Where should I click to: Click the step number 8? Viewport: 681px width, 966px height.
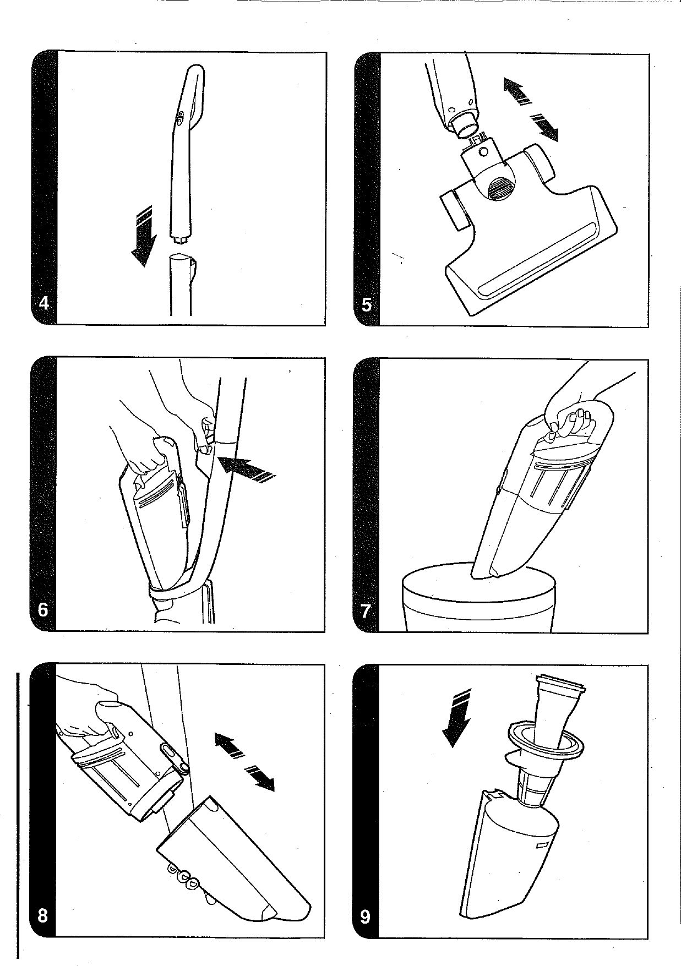(42, 916)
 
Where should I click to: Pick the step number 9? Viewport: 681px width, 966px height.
(365, 917)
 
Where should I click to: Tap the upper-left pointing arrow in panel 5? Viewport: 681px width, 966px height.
(518, 90)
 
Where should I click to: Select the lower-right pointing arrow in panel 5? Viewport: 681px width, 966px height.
(544, 128)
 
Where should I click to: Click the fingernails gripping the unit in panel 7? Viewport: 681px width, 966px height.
(570, 423)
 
